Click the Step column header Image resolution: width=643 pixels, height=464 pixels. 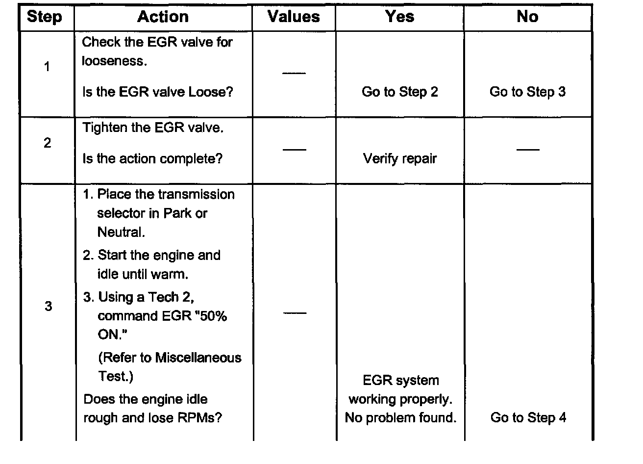click(x=45, y=17)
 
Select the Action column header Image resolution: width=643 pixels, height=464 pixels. click(x=163, y=17)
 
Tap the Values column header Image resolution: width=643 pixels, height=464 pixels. click(x=294, y=17)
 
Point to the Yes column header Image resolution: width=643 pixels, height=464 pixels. click(x=399, y=17)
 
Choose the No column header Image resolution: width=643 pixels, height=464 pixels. click(x=527, y=17)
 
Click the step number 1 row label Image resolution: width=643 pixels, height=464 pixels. click(x=47, y=67)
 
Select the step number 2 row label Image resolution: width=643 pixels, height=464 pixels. click(x=47, y=143)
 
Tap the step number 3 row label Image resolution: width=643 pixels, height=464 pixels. click(x=48, y=307)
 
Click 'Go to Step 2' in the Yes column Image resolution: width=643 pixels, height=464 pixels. click(x=400, y=92)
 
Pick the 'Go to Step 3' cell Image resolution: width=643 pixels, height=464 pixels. click(x=527, y=92)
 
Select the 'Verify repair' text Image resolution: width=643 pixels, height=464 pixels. click(x=400, y=159)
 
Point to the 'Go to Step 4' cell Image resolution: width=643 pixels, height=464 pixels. click(x=528, y=418)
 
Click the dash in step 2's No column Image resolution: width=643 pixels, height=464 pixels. click(x=528, y=149)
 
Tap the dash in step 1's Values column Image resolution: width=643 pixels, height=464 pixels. click(x=294, y=74)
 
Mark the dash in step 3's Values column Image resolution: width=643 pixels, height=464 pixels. click(x=295, y=313)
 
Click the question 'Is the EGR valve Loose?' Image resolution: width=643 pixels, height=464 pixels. click(x=158, y=92)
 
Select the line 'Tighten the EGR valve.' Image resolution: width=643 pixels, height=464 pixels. click(x=153, y=128)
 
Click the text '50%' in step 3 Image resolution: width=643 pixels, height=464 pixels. click(x=214, y=316)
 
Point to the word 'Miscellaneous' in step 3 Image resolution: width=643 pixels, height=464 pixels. click(x=198, y=358)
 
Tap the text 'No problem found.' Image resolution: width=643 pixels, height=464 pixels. click(x=400, y=418)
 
